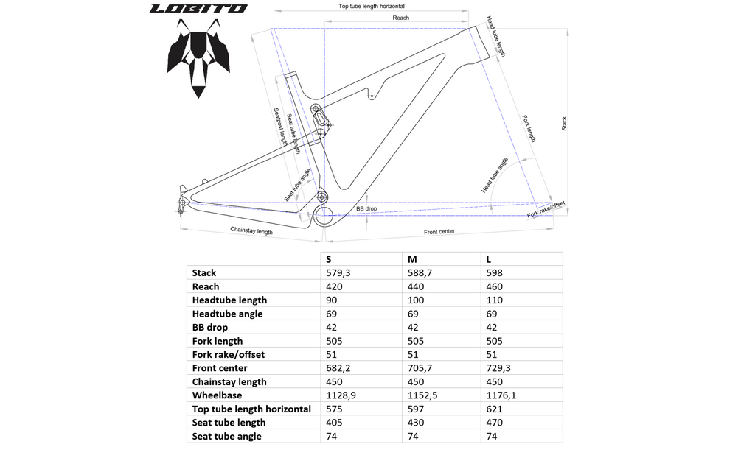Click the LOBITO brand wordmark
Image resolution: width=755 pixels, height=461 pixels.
pos(198,9)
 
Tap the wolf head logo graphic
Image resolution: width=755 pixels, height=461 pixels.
pos(198,58)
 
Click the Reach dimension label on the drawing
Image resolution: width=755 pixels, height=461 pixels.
pos(400,18)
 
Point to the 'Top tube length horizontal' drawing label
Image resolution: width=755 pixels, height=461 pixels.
pos(372,6)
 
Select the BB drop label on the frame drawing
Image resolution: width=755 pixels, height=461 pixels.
pos(366,209)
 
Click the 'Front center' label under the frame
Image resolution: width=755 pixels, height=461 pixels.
pos(439,232)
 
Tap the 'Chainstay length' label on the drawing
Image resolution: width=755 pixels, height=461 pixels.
pos(251,230)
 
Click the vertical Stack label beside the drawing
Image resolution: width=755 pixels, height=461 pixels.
pos(564,124)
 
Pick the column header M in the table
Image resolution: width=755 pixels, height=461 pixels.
pos(412,259)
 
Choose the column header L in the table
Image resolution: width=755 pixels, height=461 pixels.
pos(488,259)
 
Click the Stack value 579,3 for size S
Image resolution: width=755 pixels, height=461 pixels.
pos(338,273)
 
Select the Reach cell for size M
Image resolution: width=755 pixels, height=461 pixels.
pos(416,287)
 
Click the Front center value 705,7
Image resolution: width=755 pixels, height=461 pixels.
pos(420,368)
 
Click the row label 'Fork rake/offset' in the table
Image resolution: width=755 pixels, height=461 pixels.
pos(229,355)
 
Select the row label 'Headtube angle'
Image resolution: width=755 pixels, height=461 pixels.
pos(227,314)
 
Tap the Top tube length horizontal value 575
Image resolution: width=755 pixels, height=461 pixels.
pos(334,409)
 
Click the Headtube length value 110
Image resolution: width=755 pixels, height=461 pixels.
pos(494,300)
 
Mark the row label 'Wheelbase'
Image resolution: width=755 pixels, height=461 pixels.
pos(217,395)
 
